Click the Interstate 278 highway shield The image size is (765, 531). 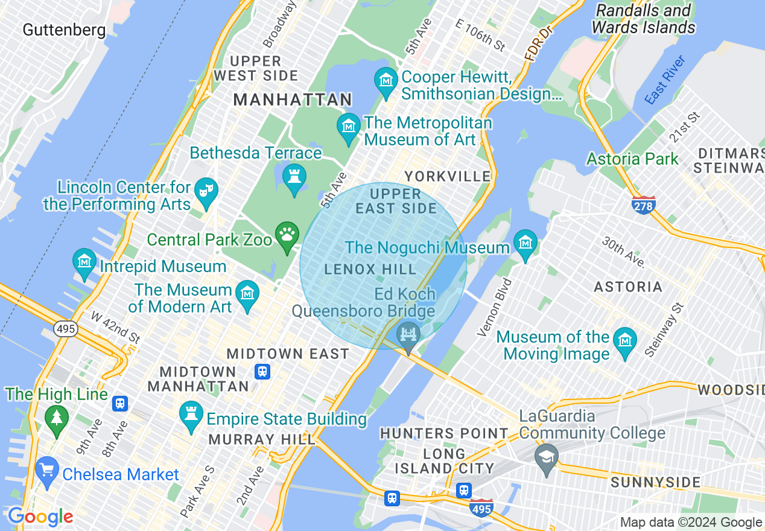pos(644,205)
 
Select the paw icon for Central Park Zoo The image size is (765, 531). pos(287,235)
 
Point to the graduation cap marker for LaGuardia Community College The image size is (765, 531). pos(547,457)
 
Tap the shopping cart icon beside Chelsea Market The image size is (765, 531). pos(46,470)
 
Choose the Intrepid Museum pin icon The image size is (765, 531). pos(84,262)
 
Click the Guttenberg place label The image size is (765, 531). pos(64,30)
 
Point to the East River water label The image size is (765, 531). pos(665,80)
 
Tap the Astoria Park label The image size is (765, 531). pos(633,159)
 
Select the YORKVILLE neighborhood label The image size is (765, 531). pos(448,176)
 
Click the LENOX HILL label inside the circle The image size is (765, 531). pos(370,269)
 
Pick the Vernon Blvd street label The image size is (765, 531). pos(494,307)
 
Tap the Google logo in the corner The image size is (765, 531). pos(40,517)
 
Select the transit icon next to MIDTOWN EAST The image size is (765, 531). pos(262,371)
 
